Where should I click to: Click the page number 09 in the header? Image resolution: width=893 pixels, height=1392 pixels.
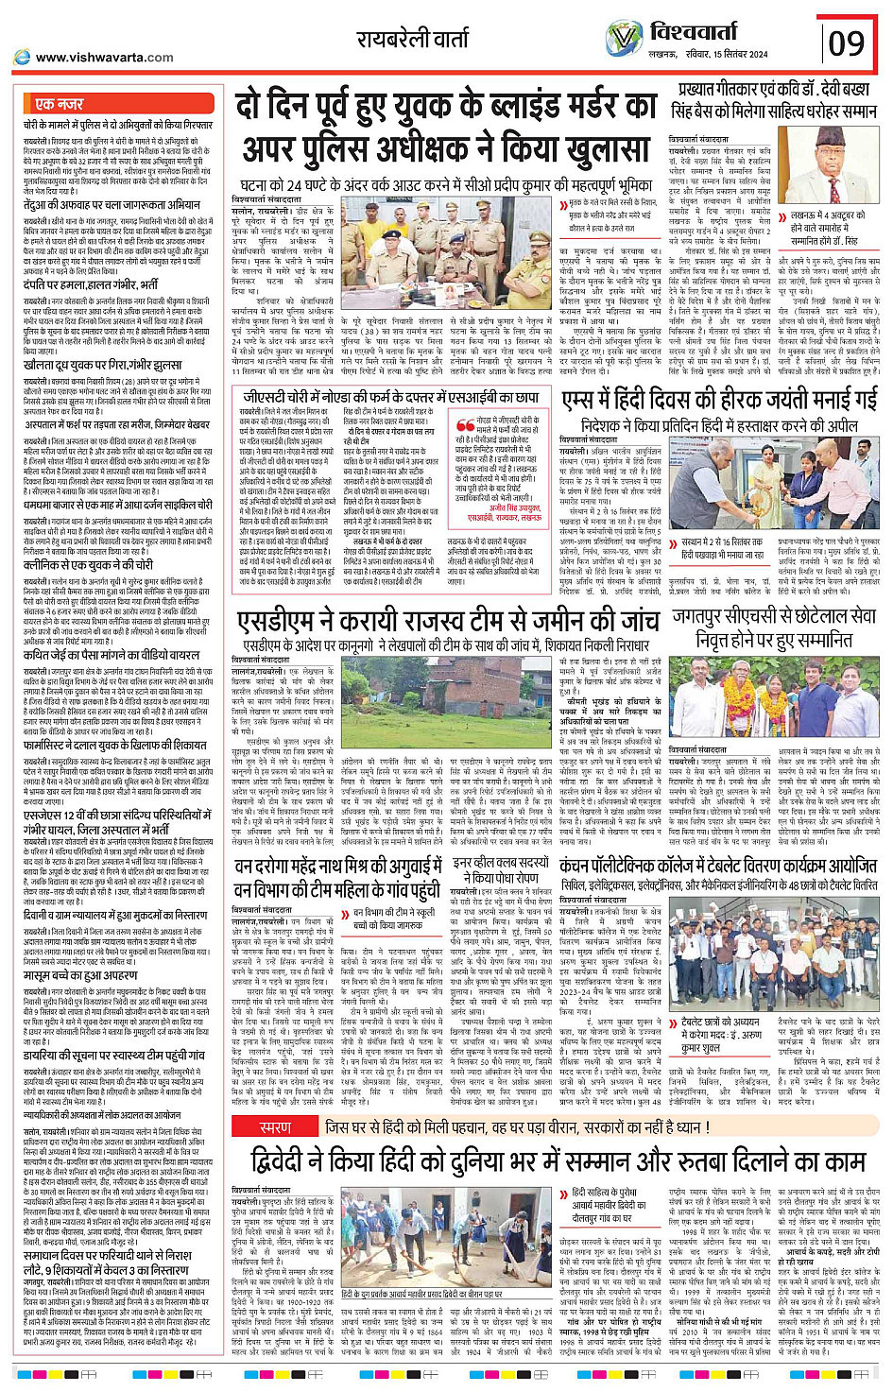pos(847,43)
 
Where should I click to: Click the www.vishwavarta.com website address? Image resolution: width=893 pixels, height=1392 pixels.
pos(104,58)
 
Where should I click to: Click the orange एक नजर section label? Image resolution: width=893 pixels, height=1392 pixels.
pos(59,104)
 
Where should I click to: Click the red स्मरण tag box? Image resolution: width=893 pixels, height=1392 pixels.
pos(275,1127)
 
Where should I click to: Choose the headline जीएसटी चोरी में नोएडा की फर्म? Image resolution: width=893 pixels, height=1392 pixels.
pos(391,398)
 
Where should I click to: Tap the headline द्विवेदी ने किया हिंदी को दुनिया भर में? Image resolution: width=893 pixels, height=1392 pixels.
pos(558,1161)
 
